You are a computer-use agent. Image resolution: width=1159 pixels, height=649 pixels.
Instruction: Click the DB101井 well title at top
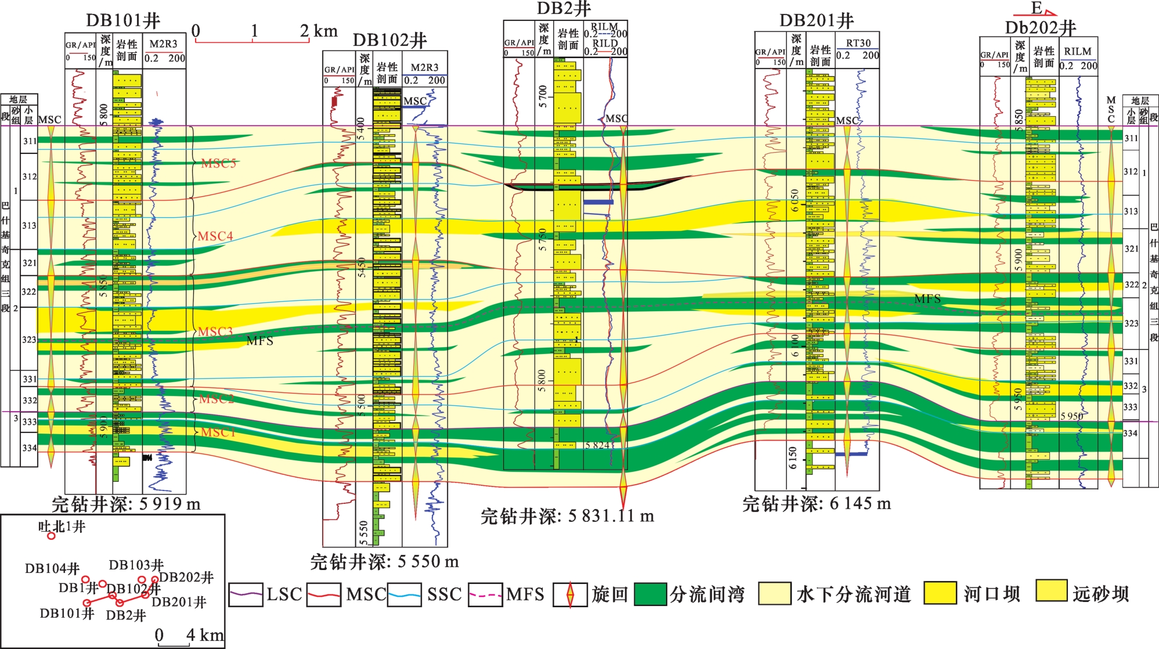(x=123, y=21)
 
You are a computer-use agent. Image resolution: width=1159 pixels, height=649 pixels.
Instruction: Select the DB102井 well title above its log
(x=389, y=40)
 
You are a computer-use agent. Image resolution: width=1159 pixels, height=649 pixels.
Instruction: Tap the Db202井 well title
(x=1041, y=28)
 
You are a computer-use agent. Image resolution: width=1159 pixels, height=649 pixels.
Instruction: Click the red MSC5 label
(x=219, y=164)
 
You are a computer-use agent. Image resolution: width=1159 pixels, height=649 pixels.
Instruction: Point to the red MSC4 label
(x=215, y=236)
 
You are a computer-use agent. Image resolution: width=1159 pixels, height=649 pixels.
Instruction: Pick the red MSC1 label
(x=218, y=432)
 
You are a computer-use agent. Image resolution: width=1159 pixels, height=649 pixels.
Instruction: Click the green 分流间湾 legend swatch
(x=650, y=594)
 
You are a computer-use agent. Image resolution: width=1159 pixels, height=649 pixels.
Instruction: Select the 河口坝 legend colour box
(x=940, y=593)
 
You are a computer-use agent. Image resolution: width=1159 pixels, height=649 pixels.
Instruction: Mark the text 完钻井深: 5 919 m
(x=126, y=504)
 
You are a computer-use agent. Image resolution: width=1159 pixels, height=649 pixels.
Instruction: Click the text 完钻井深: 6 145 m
(x=817, y=503)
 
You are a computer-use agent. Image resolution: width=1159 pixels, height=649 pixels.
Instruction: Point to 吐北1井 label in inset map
(x=62, y=527)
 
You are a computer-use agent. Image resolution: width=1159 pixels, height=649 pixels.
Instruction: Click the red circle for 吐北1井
(x=51, y=536)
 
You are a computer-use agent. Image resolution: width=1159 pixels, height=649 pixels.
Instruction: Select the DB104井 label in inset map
(x=52, y=568)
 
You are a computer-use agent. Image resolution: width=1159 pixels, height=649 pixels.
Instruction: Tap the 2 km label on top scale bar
(x=319, y=31)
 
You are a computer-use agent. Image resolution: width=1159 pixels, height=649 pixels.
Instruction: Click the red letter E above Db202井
(x=1037, y=8)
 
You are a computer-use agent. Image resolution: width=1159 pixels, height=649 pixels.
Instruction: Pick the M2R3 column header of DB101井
(x=164, y=44)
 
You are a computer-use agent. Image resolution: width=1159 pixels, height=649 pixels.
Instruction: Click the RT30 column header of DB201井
(x=858, y=43)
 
